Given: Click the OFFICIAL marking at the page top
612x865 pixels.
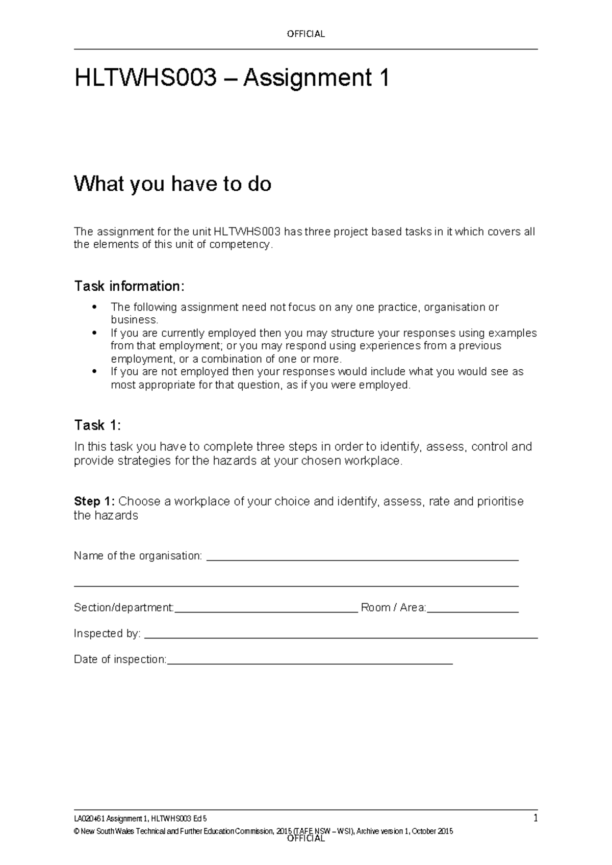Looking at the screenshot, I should (x=305, y=34).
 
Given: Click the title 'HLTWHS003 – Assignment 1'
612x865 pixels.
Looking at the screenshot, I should (x=232, y=78).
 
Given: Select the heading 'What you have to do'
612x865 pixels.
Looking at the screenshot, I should (x=172, y=184).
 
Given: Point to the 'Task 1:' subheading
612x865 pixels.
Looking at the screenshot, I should (x=97, y=425).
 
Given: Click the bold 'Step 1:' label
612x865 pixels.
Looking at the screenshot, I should (x=95, y=501).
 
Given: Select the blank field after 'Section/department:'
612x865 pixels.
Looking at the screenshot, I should (x=266, y=609).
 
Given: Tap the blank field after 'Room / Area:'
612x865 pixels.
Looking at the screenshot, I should (x=473, y=609).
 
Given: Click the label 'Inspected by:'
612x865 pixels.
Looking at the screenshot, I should (x=107, y=634).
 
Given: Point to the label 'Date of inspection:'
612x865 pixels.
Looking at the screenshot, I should (x=120, y=659).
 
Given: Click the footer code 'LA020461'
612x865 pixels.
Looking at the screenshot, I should (x=86, y=819).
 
